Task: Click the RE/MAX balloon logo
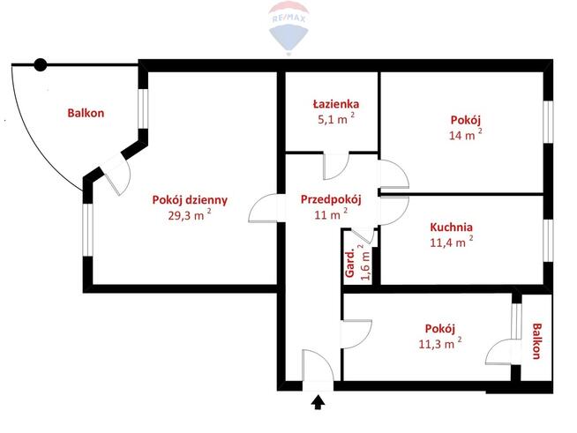(x=288, y=27)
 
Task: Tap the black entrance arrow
(x=318, y=402)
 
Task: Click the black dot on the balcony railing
(x=41, y=65)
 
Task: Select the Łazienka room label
(x=336, y=104)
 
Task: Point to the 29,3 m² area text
(x=190, y=214)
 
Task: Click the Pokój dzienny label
(x=190, y=200)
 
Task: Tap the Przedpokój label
(x=331, y=200)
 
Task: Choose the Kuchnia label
(x=451, y=227)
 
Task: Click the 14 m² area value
(x=466, y=134)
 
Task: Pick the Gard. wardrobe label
(x=349, y=264)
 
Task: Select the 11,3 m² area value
(x=440, y=344)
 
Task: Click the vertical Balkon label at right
(x=537, y=341)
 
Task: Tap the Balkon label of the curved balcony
(x=86, y=113)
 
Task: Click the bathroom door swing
(x=335, y=167)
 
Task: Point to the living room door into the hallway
(x=263, y=208)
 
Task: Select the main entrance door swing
(x=318, y=365)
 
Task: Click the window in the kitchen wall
(x=548, y=241)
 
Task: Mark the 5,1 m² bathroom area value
(x=336, y=118)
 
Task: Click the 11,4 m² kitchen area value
(x=452, y=242)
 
